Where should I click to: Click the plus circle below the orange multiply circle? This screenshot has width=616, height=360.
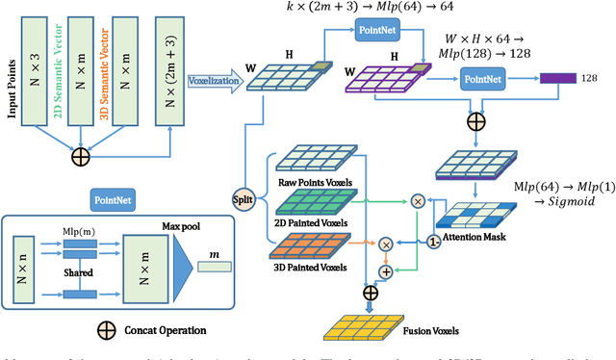(x=386, y=272)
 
